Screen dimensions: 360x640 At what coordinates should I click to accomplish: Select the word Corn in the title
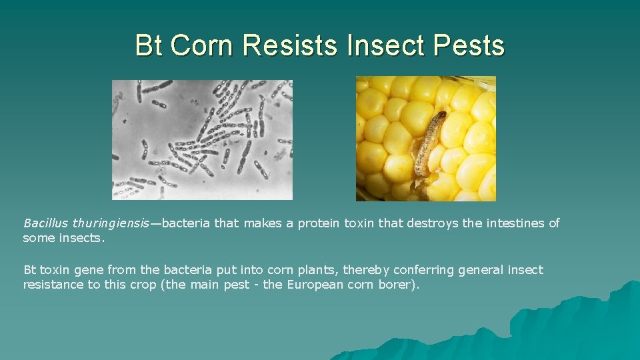point(203,45)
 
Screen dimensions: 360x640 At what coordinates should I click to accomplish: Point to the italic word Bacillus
point(46,223)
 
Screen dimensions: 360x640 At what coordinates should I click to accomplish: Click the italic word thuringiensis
point(111,223)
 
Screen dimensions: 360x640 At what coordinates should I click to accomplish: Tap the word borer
point(395,285)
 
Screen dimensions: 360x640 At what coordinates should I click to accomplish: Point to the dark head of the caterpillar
point(440,117)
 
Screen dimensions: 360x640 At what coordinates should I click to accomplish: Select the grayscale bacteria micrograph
point(202,139)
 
